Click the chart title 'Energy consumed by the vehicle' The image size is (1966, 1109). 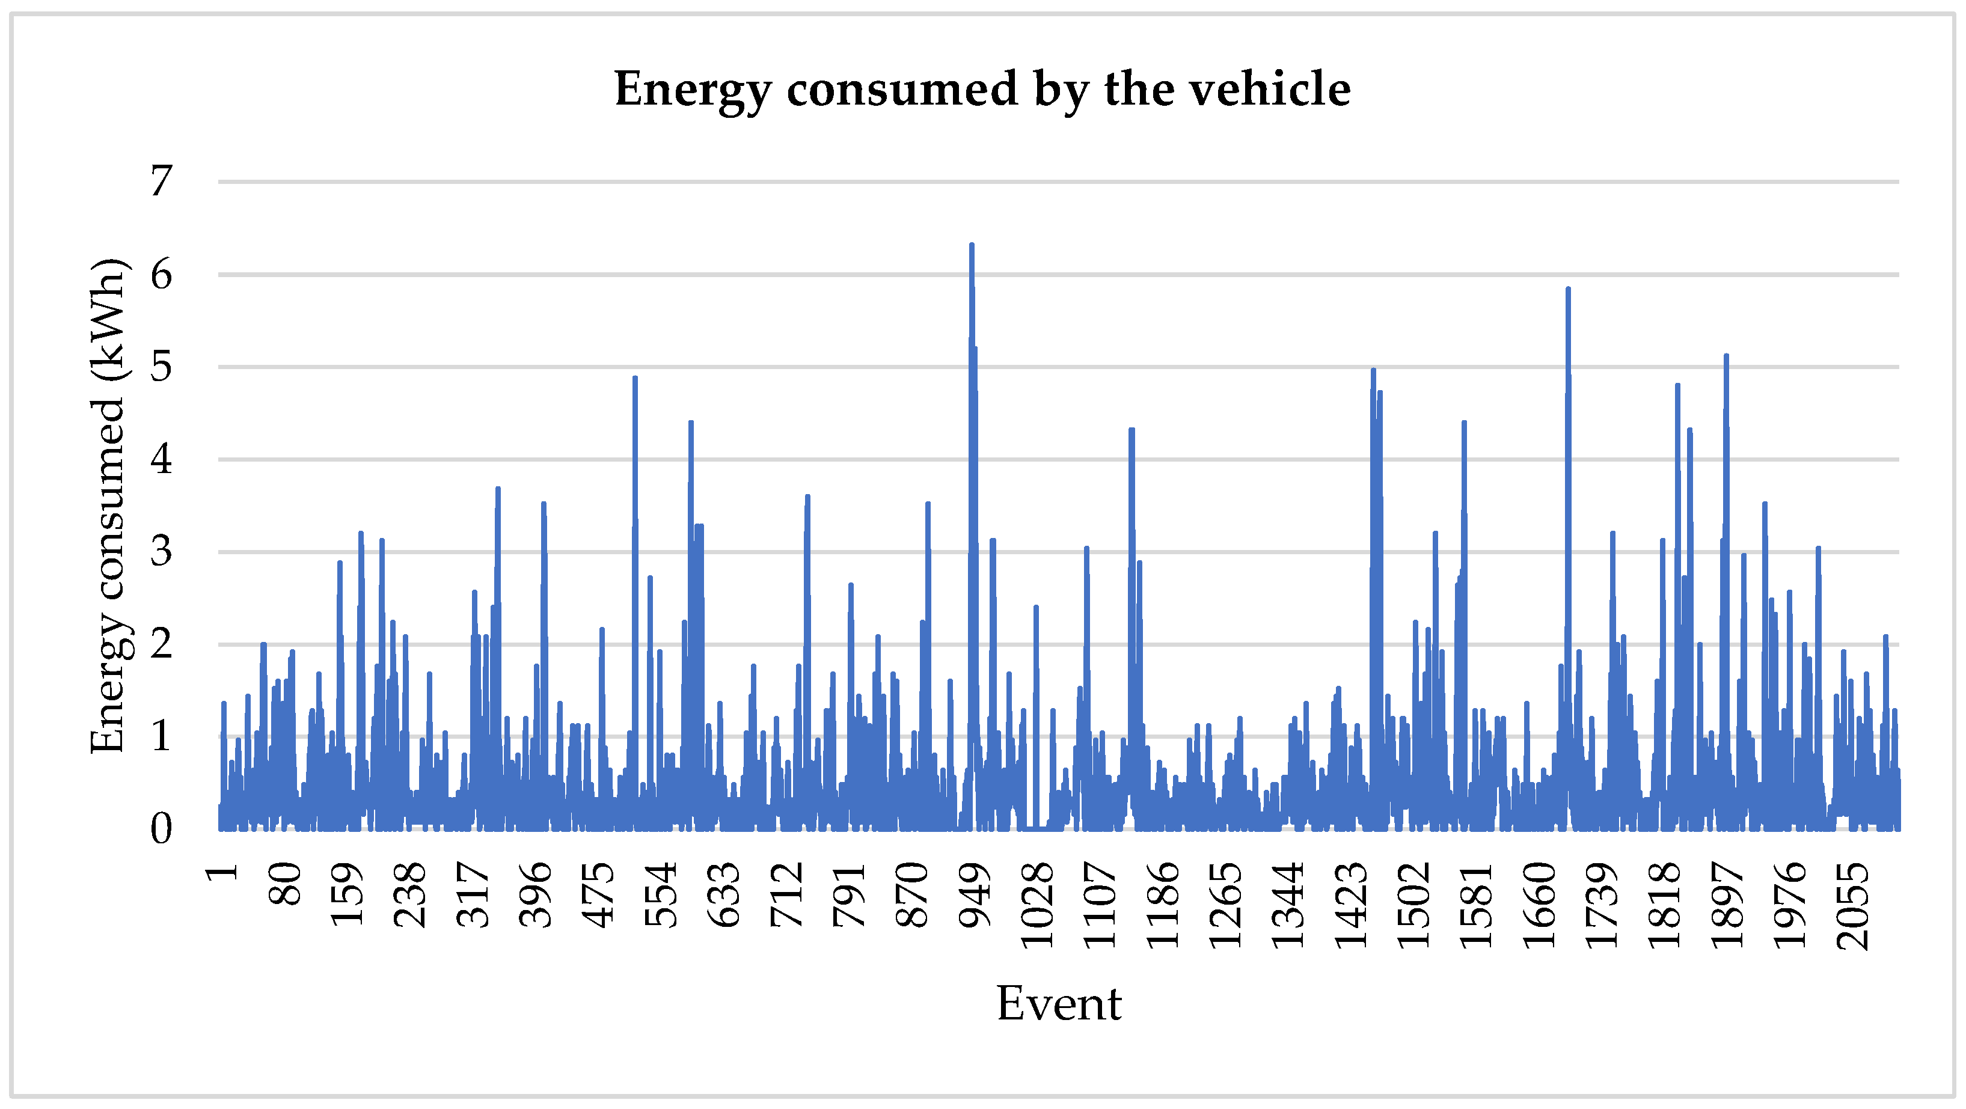pos(982,90)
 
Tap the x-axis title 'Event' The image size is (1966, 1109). pos(1059,1004)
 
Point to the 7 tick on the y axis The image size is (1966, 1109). pos(161,182)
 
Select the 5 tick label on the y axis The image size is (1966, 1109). pos(161,367)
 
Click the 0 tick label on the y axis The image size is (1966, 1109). pos(161,829)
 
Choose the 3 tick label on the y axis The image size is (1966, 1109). pos(161,552)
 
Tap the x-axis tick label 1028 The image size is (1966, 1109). pos(1037,905)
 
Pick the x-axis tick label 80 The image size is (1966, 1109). pos(286,884)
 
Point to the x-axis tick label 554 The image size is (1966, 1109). pos(661,894)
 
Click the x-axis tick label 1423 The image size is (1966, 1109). pos(1351,905)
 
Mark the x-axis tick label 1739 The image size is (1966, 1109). pos(1601,905)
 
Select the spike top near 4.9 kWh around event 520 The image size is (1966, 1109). pos(635,378)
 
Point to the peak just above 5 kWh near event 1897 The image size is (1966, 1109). pos(1726,356)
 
